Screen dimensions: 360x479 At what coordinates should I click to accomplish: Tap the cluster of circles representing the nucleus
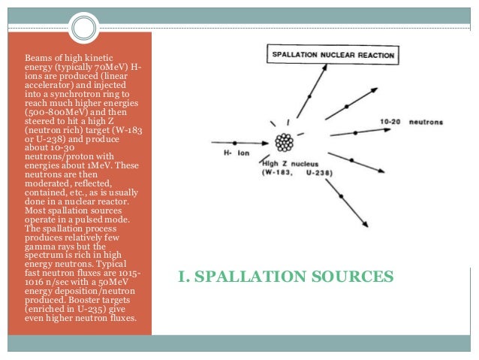click(284, 141)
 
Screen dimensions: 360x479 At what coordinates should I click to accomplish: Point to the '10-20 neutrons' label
click(411, 121)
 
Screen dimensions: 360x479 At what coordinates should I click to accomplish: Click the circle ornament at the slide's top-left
click(86, 29)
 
